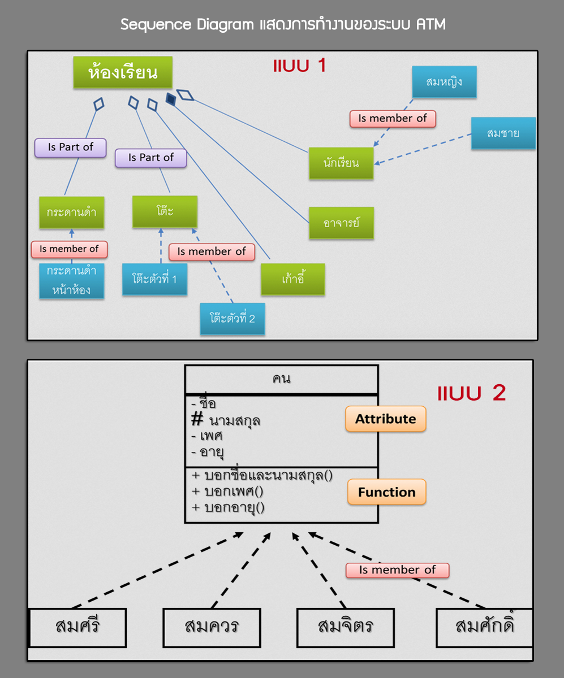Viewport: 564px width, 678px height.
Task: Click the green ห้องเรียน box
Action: pyautogui.click(x=122, y=73)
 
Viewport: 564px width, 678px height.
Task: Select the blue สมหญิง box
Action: pyautogui.click(x=444, y=82)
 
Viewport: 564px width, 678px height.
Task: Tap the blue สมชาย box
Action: pyautogui.click(x=503, y=133)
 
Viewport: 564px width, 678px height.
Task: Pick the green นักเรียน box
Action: pyautogui.click(x=341, y=163)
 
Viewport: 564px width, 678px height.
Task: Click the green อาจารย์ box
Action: pyautogui.click(x=341, y=223)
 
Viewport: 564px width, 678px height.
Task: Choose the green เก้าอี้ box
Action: pyautogui.click(x=293, y=279)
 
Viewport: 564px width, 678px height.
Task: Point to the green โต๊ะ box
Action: pyautogui.click(x=165, y=212)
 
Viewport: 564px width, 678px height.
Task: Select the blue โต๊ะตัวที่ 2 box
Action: pyautogui.click(x=233, y=319)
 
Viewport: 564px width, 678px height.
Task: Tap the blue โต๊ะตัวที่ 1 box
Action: pyautogui.click(x=154, y=279)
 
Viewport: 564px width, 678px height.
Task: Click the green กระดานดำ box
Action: pyautogui.click(x=71, y=212)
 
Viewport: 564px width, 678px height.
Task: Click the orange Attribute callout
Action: pyautogui.click(x=385, y=419)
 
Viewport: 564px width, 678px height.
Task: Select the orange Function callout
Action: pyautogui.click(x=386, y=492)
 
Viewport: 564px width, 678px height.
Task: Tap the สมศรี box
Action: pyautogui.click(x=78, y=627)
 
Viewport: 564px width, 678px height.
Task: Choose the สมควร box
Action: pyautogui.click(x=212, y=627)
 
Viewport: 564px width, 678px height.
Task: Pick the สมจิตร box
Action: pyautogui.click(x=345, y=627)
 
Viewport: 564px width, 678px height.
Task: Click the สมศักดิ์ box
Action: pyautogui.click(x=484, y=627)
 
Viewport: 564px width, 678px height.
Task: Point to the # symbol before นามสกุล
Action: pyautogui.click(x=197, y=420)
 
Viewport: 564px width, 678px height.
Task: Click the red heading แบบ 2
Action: pyautogui.click(x=471, y=393)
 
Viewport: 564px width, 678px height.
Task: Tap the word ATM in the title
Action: pyautogui.click(x=429, y=25)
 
